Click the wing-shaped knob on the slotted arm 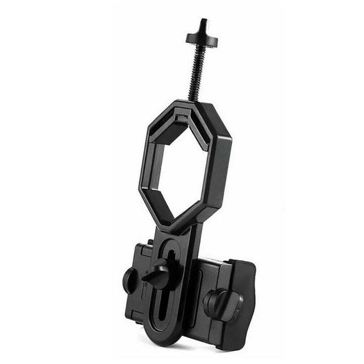(x=158, y=274)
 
